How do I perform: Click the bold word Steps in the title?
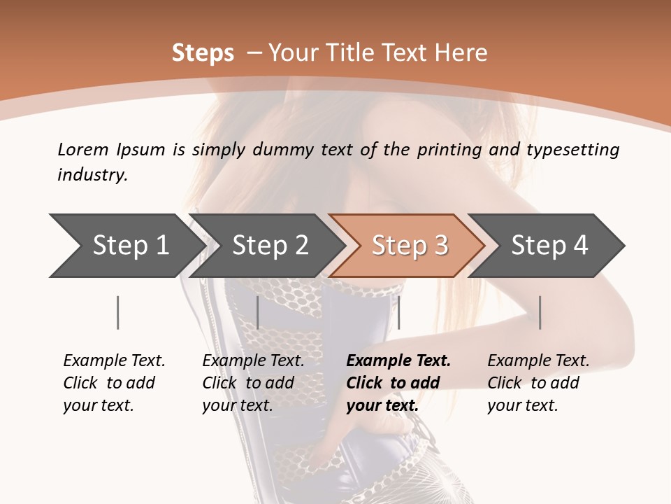[203, 53]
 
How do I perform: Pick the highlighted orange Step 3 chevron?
[410, 245]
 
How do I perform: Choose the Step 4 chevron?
[549, 245]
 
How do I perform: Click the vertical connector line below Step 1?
[117, 312]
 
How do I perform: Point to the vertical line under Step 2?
[257, 312]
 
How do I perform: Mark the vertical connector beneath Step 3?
[398, 312]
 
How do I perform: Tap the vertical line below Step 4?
[540, 312]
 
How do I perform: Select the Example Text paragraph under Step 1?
[114, 383]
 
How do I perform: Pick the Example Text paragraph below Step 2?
[253, 383]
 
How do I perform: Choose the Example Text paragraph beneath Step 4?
[538, 383]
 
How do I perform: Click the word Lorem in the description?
[82, 149]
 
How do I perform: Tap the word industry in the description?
[92, 175]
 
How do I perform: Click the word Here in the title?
[463, 53]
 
